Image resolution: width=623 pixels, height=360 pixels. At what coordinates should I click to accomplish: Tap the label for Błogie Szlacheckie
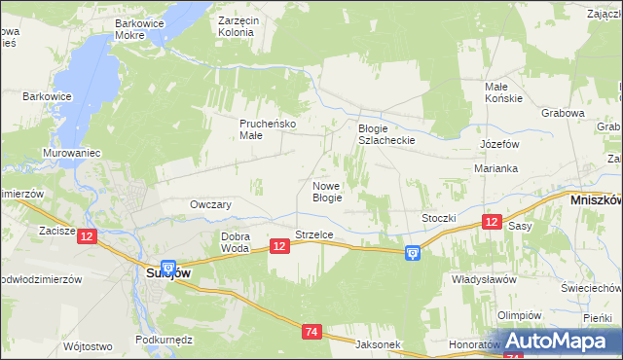pyautogui.click(x=386, y=134)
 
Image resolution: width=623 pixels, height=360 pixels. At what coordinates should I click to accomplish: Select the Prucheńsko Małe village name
pyautogui.click(x=268, y=129)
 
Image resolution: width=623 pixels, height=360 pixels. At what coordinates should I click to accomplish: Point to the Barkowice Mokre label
pyautogui.click(x=143, y=28)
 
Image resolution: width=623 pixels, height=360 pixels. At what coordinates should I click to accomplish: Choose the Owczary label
pyautogui.click(x=210, y=205)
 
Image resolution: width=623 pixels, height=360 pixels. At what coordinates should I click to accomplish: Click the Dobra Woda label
pyautogui.click(x=236, y=242)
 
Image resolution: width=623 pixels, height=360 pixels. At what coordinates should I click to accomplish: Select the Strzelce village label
pyautogui.click(x=314, y=234)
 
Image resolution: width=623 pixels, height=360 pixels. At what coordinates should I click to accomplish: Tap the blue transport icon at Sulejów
pyautogui.click(x=167, y=267)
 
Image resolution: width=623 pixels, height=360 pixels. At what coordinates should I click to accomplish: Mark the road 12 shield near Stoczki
pyautogui.click(x=493, y=223)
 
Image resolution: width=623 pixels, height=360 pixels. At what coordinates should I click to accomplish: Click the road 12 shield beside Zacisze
pyautogui.click(x=88, y=236)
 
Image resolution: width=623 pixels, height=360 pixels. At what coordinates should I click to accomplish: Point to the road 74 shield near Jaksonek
pyautogui.click(x=311, y=333)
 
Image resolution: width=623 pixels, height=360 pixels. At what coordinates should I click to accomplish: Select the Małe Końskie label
pyautogui.click(x=504, y=92)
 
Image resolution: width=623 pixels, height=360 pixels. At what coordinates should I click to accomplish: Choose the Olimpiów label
pyautogui.click(x=519, y=315)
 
